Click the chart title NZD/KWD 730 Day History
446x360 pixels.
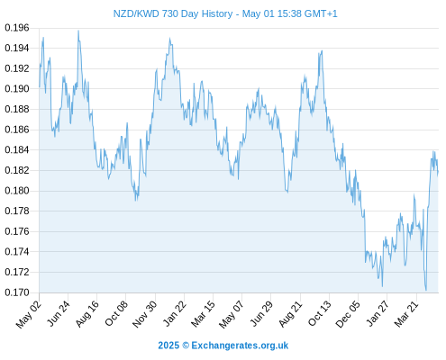point(173,13)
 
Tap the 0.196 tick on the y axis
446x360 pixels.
point(17,28)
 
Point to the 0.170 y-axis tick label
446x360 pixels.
point(17,292)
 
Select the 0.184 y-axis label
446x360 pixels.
point(17,149)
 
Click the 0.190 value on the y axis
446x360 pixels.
point(17,89)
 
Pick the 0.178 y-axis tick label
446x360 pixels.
point(17,211)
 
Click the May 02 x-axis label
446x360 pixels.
point(29,314)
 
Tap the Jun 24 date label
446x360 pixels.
point(59,313)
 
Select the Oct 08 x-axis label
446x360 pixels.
point(116,313)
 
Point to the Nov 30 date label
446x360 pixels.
point(144,314)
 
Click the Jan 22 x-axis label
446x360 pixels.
point(175,313)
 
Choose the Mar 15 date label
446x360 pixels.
point(203,314)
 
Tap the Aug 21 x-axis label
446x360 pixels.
point(290,314)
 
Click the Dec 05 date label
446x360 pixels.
point(348,314)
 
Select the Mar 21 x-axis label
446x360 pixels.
point(406,314)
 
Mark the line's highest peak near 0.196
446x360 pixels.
point(78,31)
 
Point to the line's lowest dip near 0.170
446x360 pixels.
point(426,290)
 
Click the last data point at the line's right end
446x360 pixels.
point(438,173)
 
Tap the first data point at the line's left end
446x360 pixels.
point(40,87)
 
